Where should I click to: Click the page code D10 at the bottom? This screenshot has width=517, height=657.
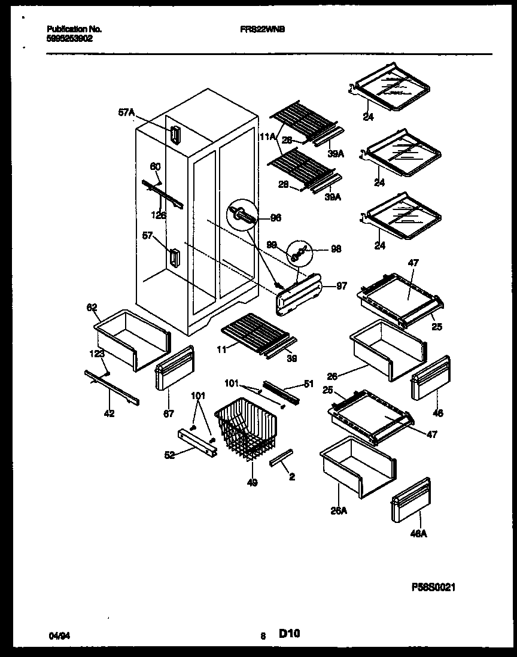[289, 635]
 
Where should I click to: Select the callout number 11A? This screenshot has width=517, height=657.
[267, 137]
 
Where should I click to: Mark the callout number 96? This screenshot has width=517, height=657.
[275, 218]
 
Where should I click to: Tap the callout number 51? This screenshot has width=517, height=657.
[309, 385]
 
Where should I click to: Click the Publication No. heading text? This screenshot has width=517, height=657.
[74, 29]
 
